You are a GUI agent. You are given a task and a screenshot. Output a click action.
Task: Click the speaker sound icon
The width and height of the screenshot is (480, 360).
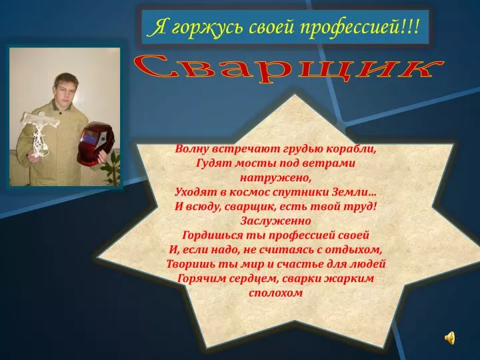(450, 338)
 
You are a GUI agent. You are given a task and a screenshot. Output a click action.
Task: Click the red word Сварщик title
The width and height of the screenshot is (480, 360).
(289, 69)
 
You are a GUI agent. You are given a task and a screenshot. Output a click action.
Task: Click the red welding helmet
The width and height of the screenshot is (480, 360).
(95, 143)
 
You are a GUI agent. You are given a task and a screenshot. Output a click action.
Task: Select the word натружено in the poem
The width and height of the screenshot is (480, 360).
(275, 178)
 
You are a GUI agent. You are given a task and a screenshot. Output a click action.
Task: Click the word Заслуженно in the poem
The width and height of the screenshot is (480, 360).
(275, 221)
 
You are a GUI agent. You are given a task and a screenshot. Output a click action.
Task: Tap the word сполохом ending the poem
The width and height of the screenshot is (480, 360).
(275, 293)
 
